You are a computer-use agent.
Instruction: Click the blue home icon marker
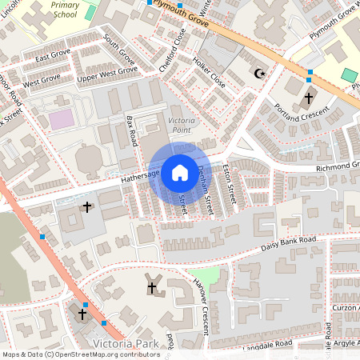pos(180,171)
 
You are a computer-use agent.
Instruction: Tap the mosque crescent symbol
pos(258,74)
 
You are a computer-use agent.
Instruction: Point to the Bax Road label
pos(132,131)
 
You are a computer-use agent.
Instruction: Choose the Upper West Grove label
pos(107,75)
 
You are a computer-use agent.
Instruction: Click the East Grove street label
pos(53,55)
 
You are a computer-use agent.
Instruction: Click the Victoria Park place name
pos(126,345)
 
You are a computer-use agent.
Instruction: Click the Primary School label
pos(65,9)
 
